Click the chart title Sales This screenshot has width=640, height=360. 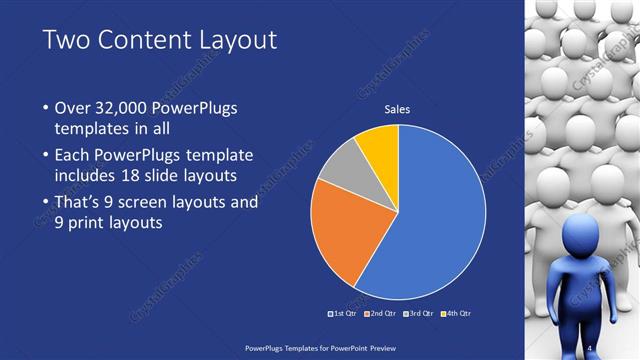click(398, 110)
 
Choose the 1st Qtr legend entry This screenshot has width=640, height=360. click(342, 313)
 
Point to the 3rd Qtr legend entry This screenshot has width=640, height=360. click(419, 313)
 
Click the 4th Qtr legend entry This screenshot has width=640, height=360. click(456, 313)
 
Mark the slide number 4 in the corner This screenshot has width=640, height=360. click(591, 347)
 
